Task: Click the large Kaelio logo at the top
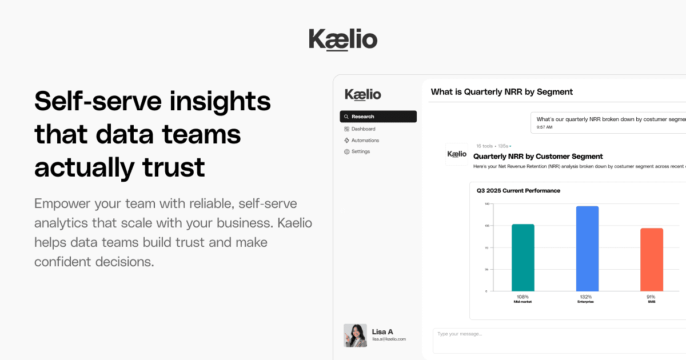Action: [x=343, y=39]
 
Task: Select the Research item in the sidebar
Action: [x=378, y=117]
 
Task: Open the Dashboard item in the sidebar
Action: [x=363, y=129]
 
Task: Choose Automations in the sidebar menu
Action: [x=365, y=141]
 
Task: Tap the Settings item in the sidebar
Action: [x=360, y=151]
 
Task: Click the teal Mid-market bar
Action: [x=523, y=258]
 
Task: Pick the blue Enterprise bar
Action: [x=587, y=249]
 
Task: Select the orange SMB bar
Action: [x=651, y=259]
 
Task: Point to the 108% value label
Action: [x=523, y=297]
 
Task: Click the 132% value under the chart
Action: [x=586, y=297]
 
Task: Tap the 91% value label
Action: [x=651, y=297]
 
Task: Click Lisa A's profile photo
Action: [x=355, y=335]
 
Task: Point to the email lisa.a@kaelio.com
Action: [x=389, y=339]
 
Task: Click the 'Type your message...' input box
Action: [x=557, y=341]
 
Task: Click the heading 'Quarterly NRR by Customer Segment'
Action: [x=538, y=156]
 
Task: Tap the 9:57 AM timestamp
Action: [x=544, y=127]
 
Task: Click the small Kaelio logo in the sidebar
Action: [x=362, y=94]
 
